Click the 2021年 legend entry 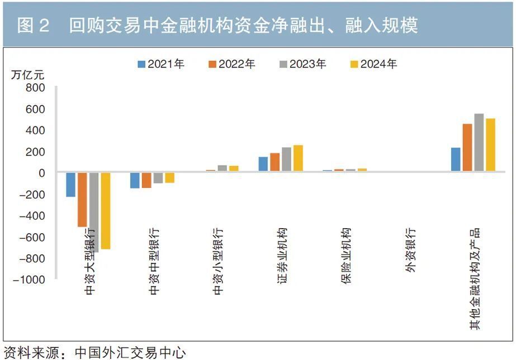tap(161, 64)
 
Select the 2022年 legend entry tap(232, 64)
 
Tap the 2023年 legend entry tap(303, 64)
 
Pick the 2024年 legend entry tap(373, 64)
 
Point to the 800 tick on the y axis tap(34, 88)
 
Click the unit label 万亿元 tap(27, 74)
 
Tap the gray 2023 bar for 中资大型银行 tap(94, 212)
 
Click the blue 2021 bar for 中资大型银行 tap(70, 184)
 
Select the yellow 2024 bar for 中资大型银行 tap(105, 211)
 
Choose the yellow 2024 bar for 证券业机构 tap(298, 158)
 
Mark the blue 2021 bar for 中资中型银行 tap(135, 181)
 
